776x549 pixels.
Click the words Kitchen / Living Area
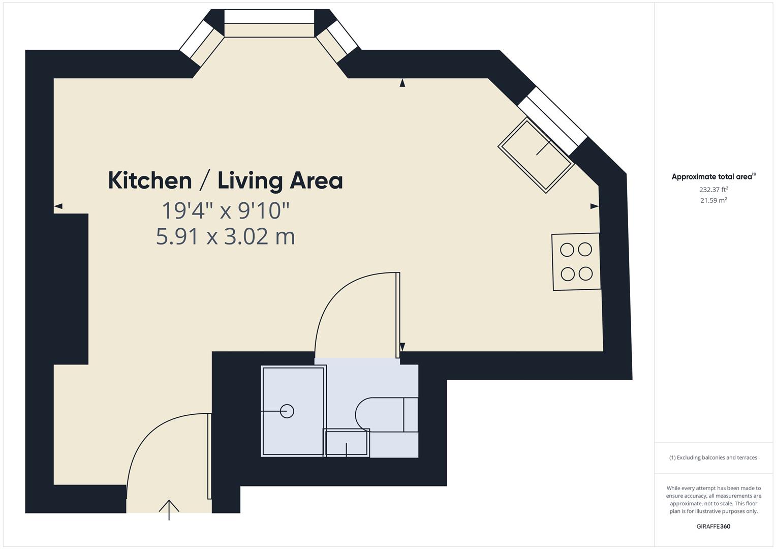point(225,181)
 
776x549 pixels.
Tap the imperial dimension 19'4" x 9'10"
point(225,210)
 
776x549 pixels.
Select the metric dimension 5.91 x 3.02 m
point(225,236)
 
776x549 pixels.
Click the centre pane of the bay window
point(269,16)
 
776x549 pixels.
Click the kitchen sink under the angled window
point(536,155)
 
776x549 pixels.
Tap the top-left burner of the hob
point(567,250)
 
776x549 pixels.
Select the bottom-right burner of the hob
point(585,274)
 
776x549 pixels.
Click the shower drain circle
point(287,411)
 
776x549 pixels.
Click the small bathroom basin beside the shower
point(346,443)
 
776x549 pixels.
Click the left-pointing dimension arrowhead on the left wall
point(58,206)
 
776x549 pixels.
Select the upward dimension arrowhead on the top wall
point(402,83)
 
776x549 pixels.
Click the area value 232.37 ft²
point(713,190)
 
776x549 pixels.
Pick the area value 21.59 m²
point(713,200)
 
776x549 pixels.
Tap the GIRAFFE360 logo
point(713,526)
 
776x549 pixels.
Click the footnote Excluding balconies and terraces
point(713,457)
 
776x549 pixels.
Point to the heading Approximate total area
point(713,177)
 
